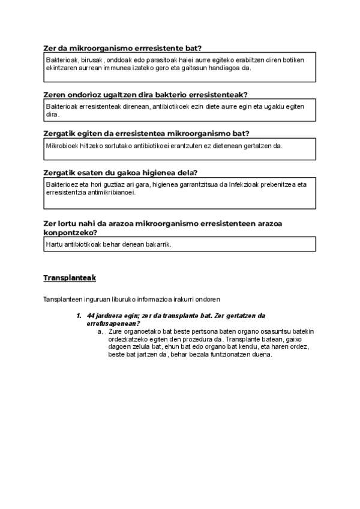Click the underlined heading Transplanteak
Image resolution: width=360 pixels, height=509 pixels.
pos(70,279)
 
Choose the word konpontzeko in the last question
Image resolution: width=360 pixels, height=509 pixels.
pos(71,232)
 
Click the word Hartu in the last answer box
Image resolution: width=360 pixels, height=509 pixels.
pos(55,244)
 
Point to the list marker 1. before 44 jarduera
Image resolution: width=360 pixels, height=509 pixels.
pos(79,316)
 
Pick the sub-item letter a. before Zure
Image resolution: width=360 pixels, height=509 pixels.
pos(100,331)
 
